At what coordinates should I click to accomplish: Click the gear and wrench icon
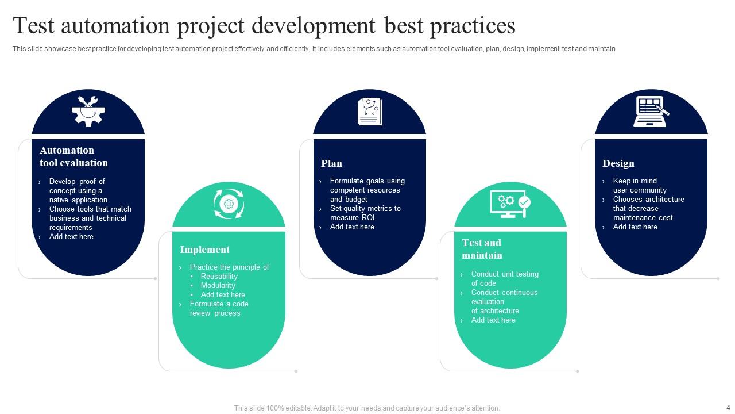(88, 111)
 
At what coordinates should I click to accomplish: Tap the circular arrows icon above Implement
(229, 204)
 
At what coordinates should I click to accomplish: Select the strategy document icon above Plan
(369, 112)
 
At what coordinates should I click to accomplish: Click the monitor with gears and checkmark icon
(510, 204)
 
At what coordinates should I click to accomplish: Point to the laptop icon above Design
(651, 112)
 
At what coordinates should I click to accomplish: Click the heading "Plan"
(331, 163)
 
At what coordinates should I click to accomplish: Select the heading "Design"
(618, 163)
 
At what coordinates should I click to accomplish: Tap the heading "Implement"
(205, 250)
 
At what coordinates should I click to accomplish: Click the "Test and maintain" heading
(482, 249)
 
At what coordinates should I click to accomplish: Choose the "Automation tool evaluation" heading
(74, 156)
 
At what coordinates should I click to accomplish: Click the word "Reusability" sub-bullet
(219, 277)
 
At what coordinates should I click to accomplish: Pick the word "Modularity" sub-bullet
(218, 286)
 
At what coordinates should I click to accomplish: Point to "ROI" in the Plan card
(367, 217)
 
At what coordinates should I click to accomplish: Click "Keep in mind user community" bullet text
(640, 185)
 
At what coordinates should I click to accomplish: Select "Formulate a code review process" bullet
(219, 309)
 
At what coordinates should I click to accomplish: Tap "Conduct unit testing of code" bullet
(505, 279)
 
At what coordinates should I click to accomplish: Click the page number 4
(728, 408)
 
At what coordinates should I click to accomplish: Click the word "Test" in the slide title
(33, 26)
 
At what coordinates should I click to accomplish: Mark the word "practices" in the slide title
(473, 26)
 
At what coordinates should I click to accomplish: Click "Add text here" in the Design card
(635, 227)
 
